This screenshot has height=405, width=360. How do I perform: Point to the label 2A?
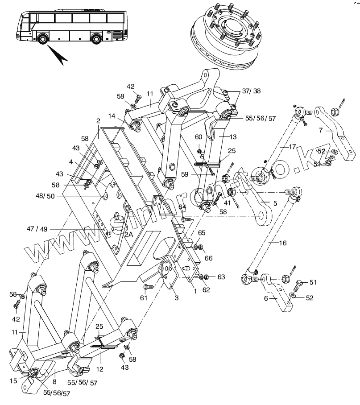click(128, 234)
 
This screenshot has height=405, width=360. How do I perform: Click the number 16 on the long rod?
click(283, 243)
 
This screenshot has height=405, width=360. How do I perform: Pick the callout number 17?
click(292, 146)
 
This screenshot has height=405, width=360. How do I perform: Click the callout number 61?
click(143, 298)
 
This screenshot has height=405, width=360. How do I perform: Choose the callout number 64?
click(182, 207)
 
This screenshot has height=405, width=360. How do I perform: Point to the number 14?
click(111, 116)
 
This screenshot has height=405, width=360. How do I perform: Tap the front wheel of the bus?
click(43, 39)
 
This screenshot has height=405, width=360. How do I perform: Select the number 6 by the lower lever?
click(266, 298)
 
